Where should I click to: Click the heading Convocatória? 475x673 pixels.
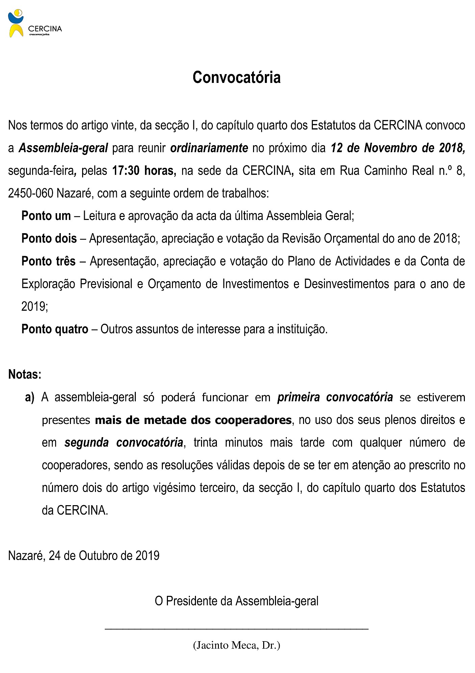point(236,77)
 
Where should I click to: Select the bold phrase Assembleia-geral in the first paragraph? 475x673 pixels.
point(63,148)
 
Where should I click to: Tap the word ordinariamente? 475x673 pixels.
point(209,148)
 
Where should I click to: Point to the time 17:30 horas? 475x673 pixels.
point(144,171)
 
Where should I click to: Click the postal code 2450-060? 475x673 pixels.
point(31,193)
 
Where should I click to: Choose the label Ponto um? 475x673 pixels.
point(46,216)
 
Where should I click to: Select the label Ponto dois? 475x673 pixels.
point(49,239)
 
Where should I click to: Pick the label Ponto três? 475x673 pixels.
point(49,261)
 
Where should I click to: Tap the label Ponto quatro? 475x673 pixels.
point(55,329)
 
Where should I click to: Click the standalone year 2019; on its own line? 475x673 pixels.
point(35,307)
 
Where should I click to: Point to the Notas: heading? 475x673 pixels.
point(25,375)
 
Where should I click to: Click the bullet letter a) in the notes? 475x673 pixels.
point(30,397)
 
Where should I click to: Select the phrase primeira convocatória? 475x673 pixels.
point(335,397)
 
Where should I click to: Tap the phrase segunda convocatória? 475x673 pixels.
point(124,443)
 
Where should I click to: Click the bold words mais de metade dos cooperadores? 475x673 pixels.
point(193,420)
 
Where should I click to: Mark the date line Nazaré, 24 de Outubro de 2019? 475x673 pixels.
point(84,556)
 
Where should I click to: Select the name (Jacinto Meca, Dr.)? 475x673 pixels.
point(236,645)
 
